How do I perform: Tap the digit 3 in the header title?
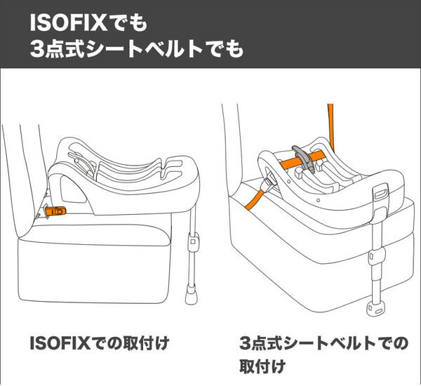[x=36, y=49]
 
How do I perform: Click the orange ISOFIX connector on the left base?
[x=55, y=211]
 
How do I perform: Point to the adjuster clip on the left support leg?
[x=193, y=241]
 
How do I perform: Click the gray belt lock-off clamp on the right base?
[x=304, y=159]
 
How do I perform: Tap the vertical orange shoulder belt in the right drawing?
[x=331, y=127]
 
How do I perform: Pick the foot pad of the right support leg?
[x=375, y=309]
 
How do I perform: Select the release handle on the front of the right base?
[x=381, y=194]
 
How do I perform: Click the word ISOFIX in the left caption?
[x=60, y=343]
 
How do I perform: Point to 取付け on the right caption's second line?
[x=262, y=366]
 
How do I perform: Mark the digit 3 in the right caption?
[x=245, y=343]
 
